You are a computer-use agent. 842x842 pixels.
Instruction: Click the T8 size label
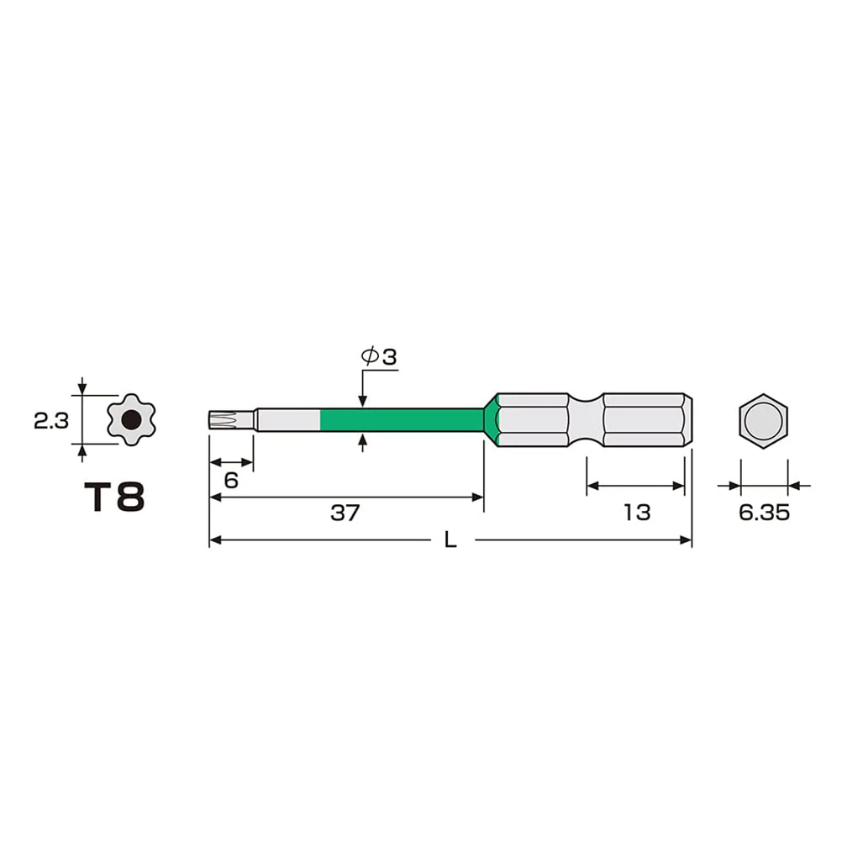point(114,497)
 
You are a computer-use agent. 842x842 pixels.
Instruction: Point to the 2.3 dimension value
point(51,421)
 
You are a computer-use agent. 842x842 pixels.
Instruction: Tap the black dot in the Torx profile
point(131,420)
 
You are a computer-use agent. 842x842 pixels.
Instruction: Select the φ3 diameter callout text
point(379,356)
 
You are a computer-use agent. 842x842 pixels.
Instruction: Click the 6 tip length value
point(231,480)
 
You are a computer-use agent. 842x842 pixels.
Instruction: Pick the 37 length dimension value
point(345,513)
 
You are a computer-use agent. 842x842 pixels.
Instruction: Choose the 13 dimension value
point(637,513)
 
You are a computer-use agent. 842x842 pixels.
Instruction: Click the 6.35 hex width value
point(764,513)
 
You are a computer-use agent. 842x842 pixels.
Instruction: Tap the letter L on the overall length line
point(450,540)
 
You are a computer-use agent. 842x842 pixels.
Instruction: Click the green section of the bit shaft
point(402,420)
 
